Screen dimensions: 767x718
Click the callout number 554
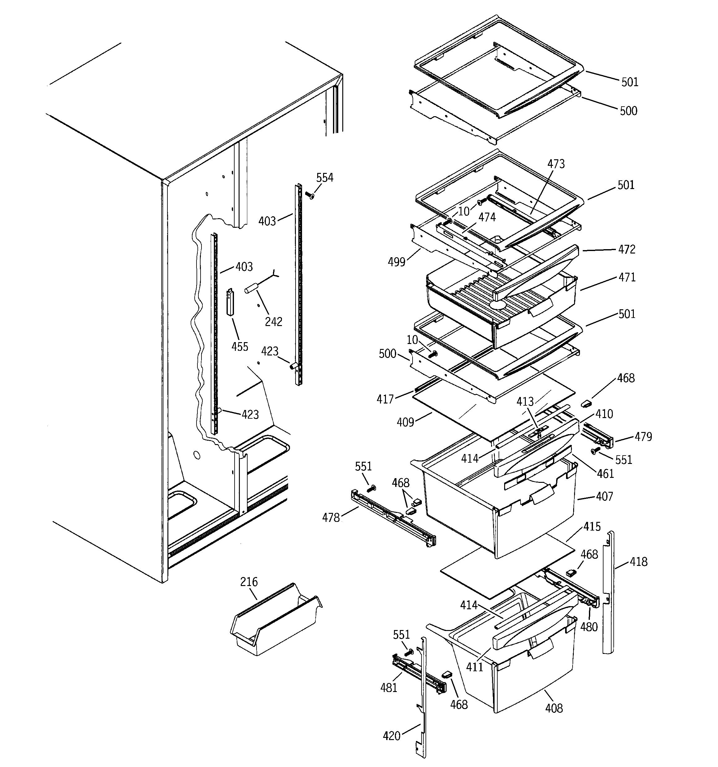[x=325, y=178]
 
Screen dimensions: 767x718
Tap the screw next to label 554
[x=310, y=196]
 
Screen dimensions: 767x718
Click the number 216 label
[x=249, y=582]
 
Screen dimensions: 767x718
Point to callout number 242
[x=273, y=321]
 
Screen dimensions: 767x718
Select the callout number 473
[x=556, y=164]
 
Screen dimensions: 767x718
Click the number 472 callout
[x=627, y=249]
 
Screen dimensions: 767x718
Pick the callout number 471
[x=627, y=277]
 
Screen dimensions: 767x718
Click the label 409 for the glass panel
[x=405, y=422]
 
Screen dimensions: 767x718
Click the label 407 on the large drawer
[x=604, y=496]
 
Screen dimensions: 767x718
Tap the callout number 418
[x=638, y=562]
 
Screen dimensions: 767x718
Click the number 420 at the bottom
[x=391, y=736]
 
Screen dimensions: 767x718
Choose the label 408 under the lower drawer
[x=554, y=708]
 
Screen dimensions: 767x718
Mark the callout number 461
[x=605, y=474]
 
